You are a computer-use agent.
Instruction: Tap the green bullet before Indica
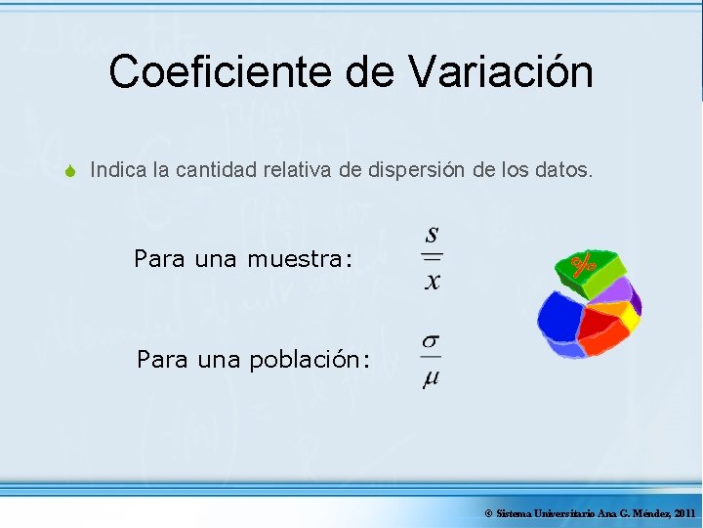tap(70, 171)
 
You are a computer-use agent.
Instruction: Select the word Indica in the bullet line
tap(117, 170)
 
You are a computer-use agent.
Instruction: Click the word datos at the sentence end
tap(563, 170)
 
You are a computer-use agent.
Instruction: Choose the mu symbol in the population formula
tap(431, 379)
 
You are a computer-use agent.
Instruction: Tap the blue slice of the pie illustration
tap(558, 318)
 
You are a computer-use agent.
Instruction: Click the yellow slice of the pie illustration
tap(630, 317)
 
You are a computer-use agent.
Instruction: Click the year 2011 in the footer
tap(684, 513)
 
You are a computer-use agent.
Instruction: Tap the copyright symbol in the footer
tap(488, 513)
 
